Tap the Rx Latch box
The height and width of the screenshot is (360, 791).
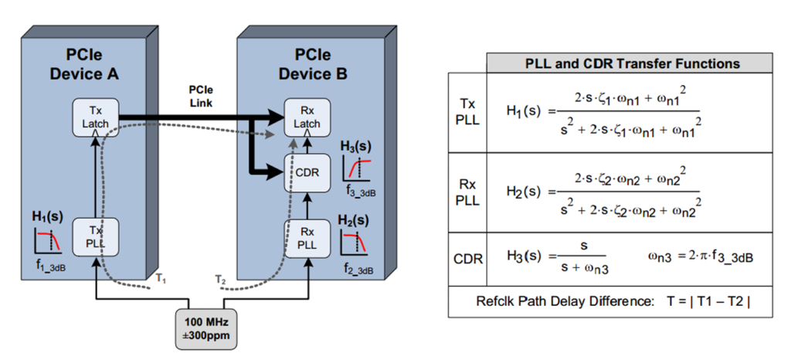coord(307,118)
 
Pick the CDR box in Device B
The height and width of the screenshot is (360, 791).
coord(307,171)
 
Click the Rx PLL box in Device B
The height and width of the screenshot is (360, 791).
coord(307,237)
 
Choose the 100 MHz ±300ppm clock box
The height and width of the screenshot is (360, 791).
coord(202,326)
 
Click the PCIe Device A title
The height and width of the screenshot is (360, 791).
coord(86,65)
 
